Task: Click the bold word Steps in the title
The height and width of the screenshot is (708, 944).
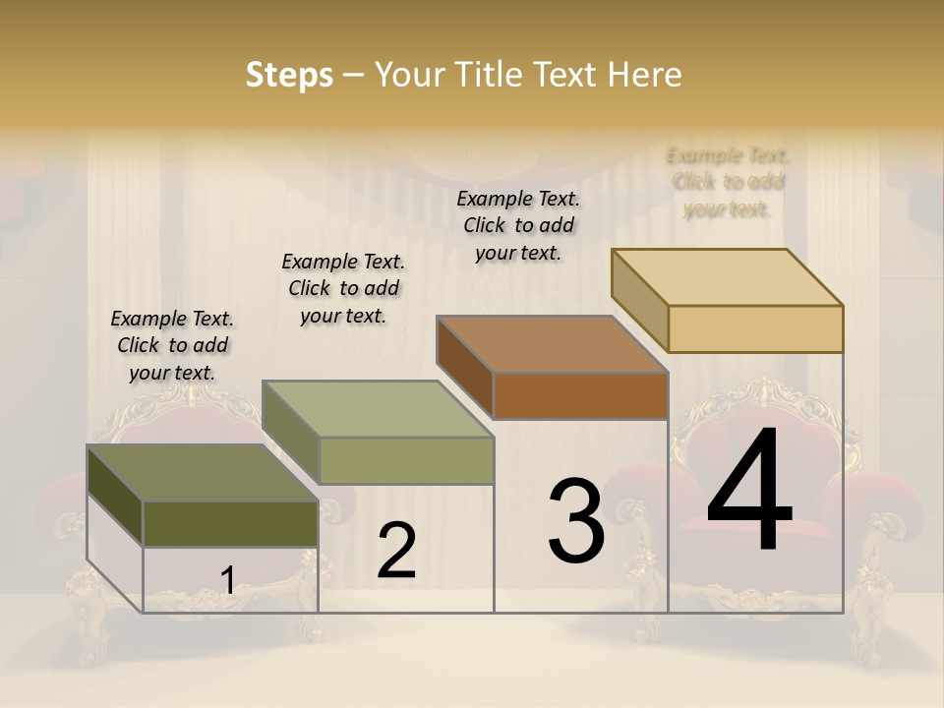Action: coord(289,75)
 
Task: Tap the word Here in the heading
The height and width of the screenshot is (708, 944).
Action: coord(644,75)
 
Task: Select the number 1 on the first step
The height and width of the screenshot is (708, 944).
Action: coord(227,580)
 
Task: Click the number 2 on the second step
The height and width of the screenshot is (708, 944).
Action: coord(396,551)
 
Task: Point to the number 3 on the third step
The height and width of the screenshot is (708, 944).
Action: coord(575,521)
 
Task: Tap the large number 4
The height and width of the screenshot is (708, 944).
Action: coord(749,492)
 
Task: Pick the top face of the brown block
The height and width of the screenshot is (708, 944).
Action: coord(552,344)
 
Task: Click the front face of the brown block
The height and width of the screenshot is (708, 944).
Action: coord(580,395)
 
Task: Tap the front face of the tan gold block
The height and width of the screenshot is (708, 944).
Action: coord(755,328)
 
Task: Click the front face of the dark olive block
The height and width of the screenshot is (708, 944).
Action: coord(230,523)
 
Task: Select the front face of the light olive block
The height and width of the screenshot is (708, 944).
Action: coord(406,460)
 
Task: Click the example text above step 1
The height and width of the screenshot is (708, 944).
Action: coord(172,345)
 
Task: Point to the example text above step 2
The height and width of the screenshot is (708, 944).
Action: coord(343,288)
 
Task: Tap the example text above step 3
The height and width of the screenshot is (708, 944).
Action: coord(518,225)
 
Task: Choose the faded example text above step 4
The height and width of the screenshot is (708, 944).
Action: coord(728,182)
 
